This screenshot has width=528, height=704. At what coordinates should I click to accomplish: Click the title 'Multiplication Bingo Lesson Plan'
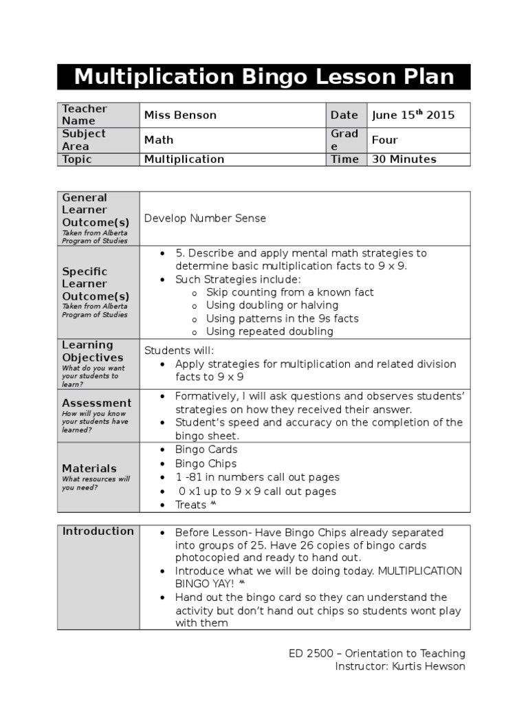[264, 76]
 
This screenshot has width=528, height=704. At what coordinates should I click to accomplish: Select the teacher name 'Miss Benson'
[179, 115]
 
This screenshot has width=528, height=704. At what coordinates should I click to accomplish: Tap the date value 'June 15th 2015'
[412, 115]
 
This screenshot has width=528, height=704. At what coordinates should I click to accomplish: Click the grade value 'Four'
[384, 140]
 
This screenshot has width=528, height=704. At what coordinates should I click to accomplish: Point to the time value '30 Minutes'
[404, 159]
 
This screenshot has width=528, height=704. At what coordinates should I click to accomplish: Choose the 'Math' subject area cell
[158, 140]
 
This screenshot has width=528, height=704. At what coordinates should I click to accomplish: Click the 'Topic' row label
[77, 159]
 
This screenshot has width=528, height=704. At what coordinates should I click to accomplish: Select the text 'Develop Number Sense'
[204, 218]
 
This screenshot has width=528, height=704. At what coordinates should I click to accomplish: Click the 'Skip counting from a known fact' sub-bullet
[289, 292]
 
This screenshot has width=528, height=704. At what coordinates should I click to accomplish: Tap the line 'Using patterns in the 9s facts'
[282, 318]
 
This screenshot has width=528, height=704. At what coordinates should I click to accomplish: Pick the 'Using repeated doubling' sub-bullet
[269, 331]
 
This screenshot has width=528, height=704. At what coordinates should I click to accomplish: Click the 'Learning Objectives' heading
[93, 351]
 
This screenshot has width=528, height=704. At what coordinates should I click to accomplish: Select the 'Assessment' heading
[96, 403]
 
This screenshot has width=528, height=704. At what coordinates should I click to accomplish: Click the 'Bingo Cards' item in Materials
[206, 450]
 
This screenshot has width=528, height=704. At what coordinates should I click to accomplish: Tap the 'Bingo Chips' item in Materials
[206, 463]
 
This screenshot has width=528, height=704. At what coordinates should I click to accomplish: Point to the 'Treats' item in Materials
[191, 505]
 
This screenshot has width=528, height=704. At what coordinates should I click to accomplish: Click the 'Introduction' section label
[98, 531]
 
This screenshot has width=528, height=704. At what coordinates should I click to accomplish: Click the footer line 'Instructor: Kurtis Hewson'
[399, 666]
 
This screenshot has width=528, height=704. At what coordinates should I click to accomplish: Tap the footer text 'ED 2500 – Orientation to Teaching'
[377, 653]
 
